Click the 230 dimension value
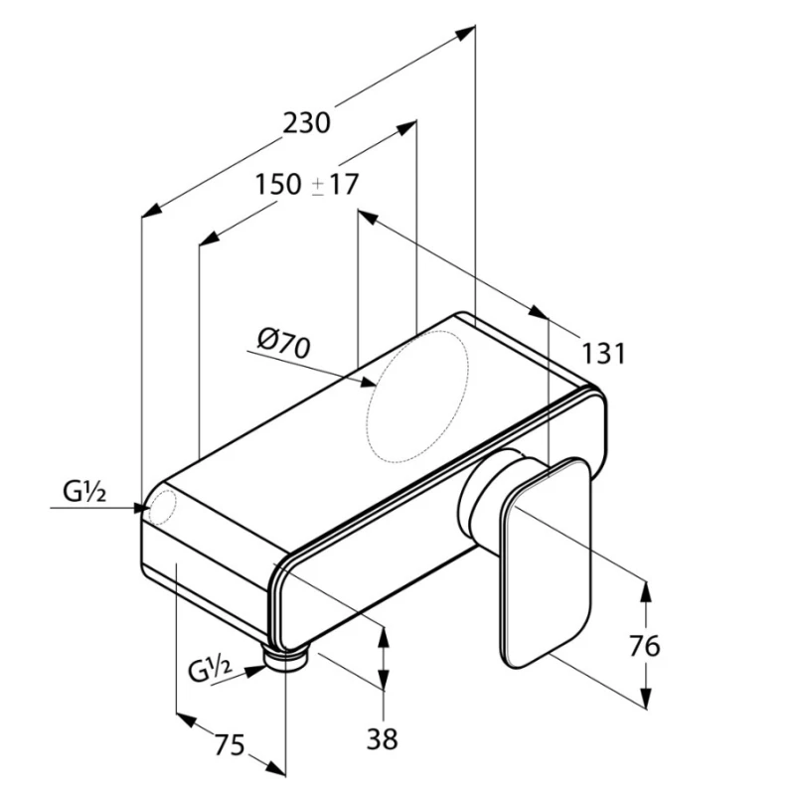306,123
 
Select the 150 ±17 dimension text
307,184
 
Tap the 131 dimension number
603,354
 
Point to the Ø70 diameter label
283,344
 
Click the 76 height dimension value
644,646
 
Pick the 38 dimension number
383,738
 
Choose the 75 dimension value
230,744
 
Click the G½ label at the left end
84,491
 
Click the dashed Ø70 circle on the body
417,397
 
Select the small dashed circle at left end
162,507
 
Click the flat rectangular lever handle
546,563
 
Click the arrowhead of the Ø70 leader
368,382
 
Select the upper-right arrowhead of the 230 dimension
465,33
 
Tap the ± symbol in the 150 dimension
318,186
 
